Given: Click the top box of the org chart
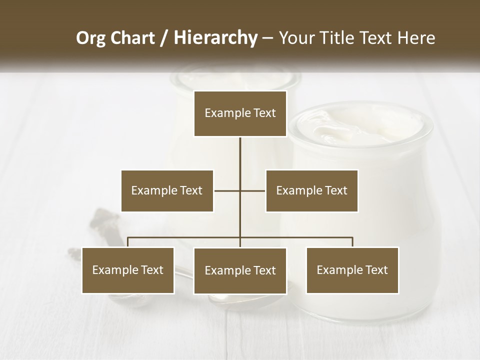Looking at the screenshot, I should (240, 113).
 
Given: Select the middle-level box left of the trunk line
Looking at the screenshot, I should (167, 190).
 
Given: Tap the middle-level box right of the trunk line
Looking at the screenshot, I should (311, 190).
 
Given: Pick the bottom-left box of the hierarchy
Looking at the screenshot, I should (128, 270).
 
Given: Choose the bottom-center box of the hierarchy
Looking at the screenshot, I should (240, 270).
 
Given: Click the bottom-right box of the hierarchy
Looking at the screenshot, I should (352, 270).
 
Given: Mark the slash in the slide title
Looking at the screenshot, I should (164, 38).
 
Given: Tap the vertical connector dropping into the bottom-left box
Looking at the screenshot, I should (128, 242).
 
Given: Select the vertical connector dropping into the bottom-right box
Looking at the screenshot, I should (352, 242).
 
